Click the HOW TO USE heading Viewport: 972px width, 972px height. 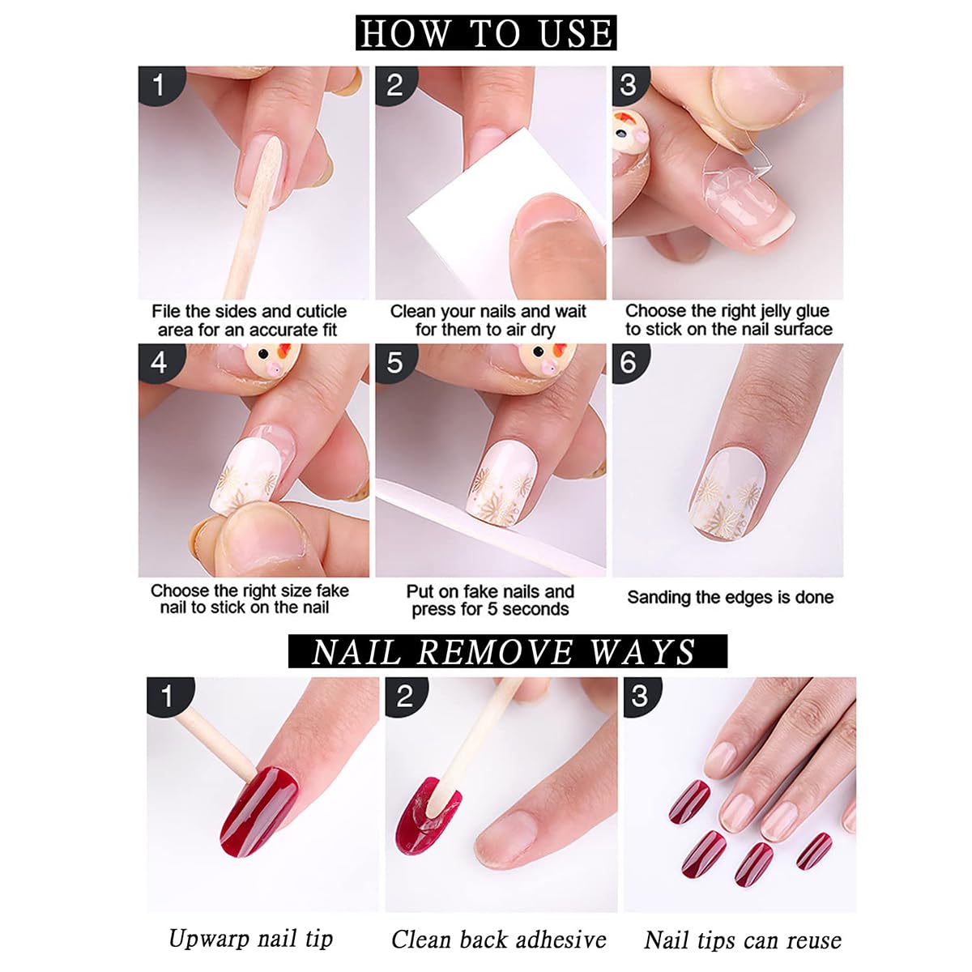pyautogui.click(x=486, y=33)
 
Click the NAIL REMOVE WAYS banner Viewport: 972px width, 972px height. pyautogui.click(x=506, y=652)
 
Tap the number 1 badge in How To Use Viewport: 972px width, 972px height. pyautogui.click(x=158, y=85)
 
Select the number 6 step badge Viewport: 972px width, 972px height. pyautogui.click(x=629, y=362)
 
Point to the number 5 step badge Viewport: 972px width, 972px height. pyautogui.click(x=394, y=362)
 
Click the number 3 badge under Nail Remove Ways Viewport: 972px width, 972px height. pyautogui.click(x=640, y=697)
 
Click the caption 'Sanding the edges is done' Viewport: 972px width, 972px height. pyautogui.click(x=730, y=598)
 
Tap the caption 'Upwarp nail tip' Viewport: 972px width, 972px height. pyautogui.click(x=250, y=939)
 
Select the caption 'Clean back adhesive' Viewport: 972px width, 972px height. pyautogui.click(x=498, y=940)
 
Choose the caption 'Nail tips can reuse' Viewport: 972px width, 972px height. pyautogui.click(x=742, y=940)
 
